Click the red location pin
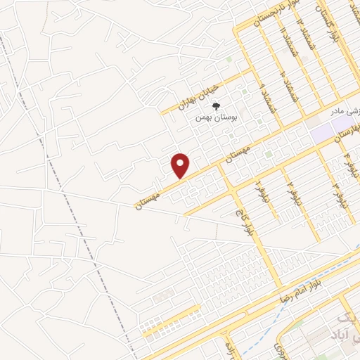[181, 165]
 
